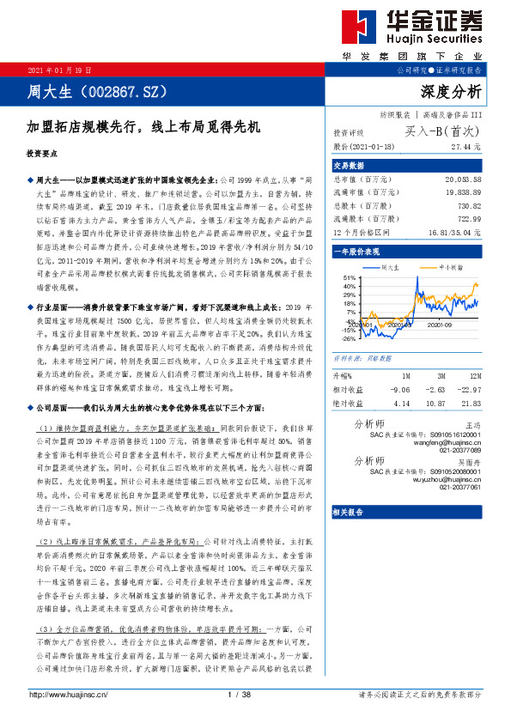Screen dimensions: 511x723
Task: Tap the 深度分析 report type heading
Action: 451,91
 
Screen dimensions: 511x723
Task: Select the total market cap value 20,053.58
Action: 463,178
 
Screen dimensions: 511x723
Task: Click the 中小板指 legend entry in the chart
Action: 450,267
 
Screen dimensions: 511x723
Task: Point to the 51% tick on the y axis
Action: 349,278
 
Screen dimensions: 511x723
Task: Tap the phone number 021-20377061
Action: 461,487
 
